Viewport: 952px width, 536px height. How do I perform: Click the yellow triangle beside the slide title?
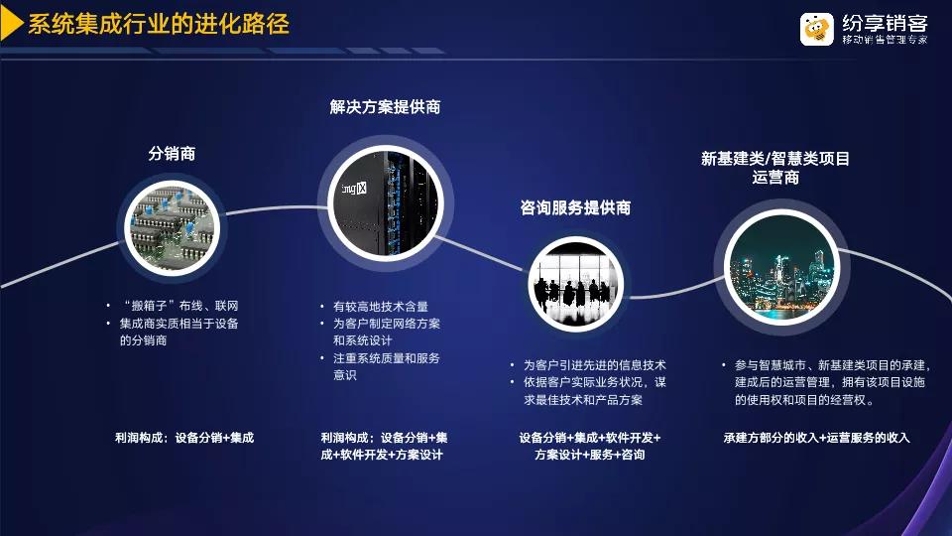coord(10,24)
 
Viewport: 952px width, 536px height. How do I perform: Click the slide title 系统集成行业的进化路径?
coord(159,24)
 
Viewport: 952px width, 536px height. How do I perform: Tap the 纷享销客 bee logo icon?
coord(816,29)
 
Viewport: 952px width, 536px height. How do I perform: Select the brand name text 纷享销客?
coord(885,23)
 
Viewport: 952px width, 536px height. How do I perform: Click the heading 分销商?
coord(172,153)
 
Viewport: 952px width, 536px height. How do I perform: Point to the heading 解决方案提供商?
coord(385,107)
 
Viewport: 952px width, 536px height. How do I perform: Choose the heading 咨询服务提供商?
coord(575,207)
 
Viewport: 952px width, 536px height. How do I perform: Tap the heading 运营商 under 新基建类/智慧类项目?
coord(775,178)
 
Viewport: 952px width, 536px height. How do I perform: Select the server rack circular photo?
coord(386,203)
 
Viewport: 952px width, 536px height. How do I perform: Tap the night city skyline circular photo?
coord(782,267)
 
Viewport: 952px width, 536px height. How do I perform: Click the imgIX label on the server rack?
coord(354,189)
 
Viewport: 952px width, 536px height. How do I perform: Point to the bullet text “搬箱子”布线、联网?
coord(180,306)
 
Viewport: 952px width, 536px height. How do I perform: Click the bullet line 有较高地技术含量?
coord(381,307)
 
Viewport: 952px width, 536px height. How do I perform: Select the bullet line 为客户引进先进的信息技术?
coord(595,365)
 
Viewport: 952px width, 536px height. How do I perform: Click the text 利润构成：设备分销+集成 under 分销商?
coord(184,438)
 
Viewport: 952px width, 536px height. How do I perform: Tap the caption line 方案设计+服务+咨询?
coord(589,455)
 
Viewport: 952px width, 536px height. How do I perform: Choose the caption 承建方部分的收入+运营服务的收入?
coord(816,438)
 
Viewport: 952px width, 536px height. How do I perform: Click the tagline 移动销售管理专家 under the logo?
coord(885,40)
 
